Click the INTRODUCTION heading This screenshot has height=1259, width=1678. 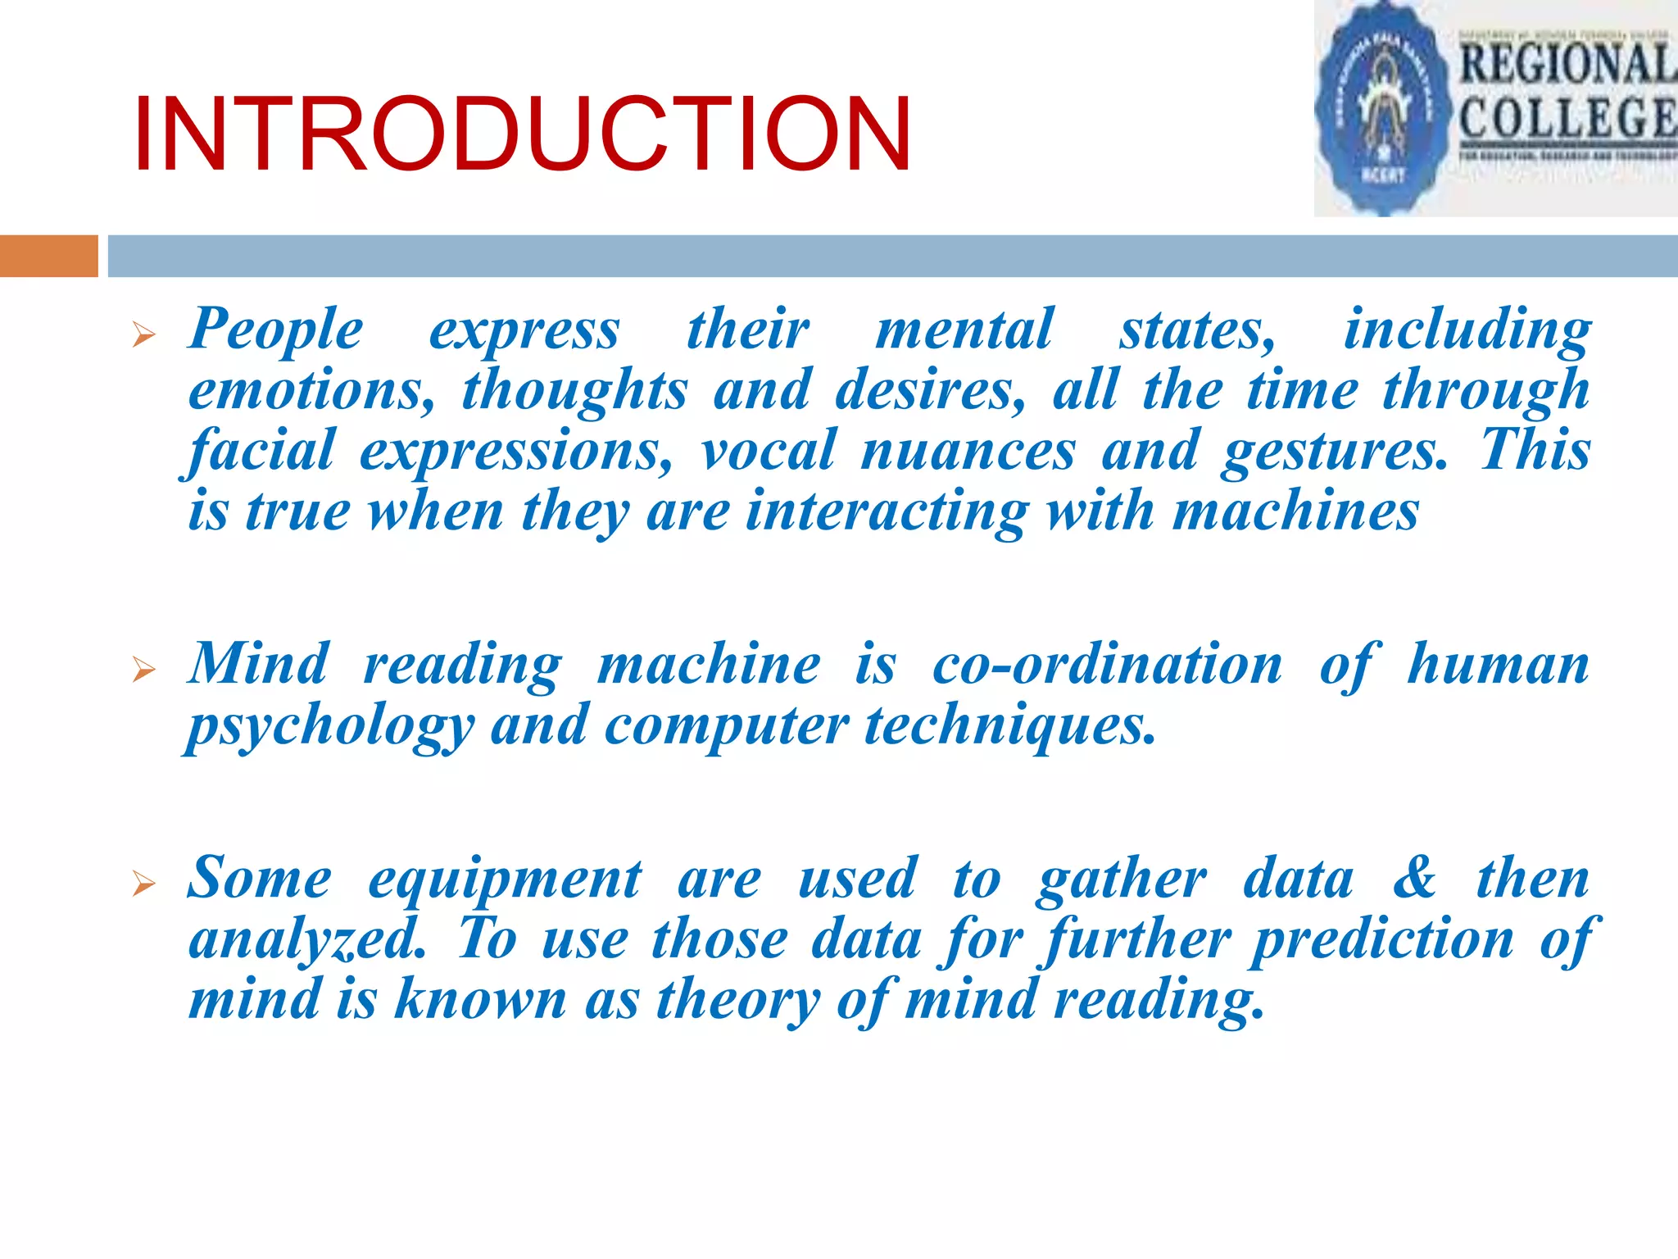(x=522, y=135)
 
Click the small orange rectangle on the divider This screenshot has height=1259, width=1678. (x=48, y=256)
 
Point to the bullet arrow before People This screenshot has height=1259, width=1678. (x=143, y=334)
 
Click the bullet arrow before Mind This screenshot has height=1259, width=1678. (x=143, y=670)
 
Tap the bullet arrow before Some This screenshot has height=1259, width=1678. (x=143, y=884)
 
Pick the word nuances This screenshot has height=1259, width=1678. (x=968, y=452)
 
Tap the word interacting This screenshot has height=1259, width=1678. (x=885, y=512)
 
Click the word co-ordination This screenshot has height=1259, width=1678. (x=1107, y=665)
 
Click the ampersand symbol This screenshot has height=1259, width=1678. (x=1415, y=879)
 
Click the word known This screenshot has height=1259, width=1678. (x=480, y=1001)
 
